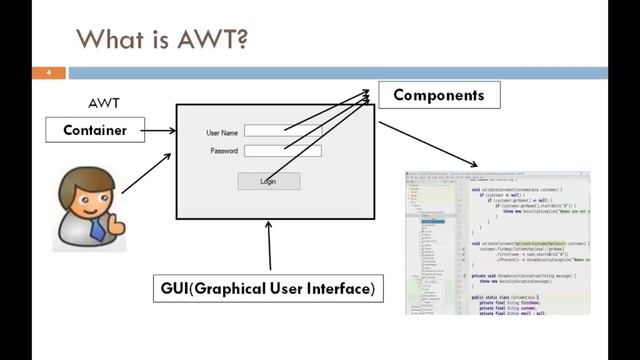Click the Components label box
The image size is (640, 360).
coord(438,96)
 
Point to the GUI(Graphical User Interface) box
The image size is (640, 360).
coord(268,289)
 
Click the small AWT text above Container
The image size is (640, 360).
coord(105,104)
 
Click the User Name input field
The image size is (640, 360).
coord(283,131)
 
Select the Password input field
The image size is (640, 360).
coord(283,150)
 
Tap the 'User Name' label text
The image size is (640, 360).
coord(221,132)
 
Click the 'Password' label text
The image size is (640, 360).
coord(223,151)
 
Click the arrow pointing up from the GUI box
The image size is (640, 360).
coord(268,244)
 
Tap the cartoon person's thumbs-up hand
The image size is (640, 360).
coord(117,222)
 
